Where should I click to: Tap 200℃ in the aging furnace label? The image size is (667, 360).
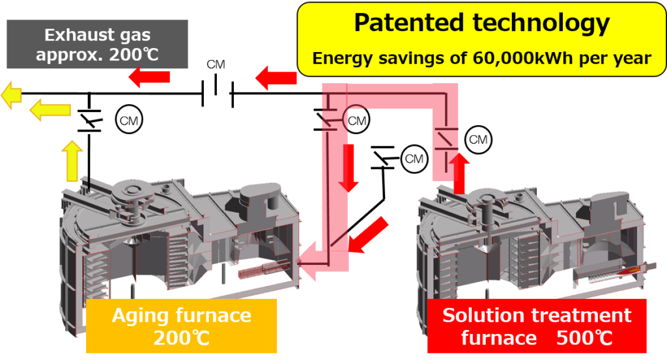coord(180,339)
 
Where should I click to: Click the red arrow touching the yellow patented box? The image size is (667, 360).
coord(276,79)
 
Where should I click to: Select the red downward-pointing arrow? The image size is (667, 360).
coord(349,167)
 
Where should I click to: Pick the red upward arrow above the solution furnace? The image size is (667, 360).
coord(459,171)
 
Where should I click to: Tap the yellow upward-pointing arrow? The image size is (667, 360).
coord(72,159)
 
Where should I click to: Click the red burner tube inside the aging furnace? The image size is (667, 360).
coord(259,268)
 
